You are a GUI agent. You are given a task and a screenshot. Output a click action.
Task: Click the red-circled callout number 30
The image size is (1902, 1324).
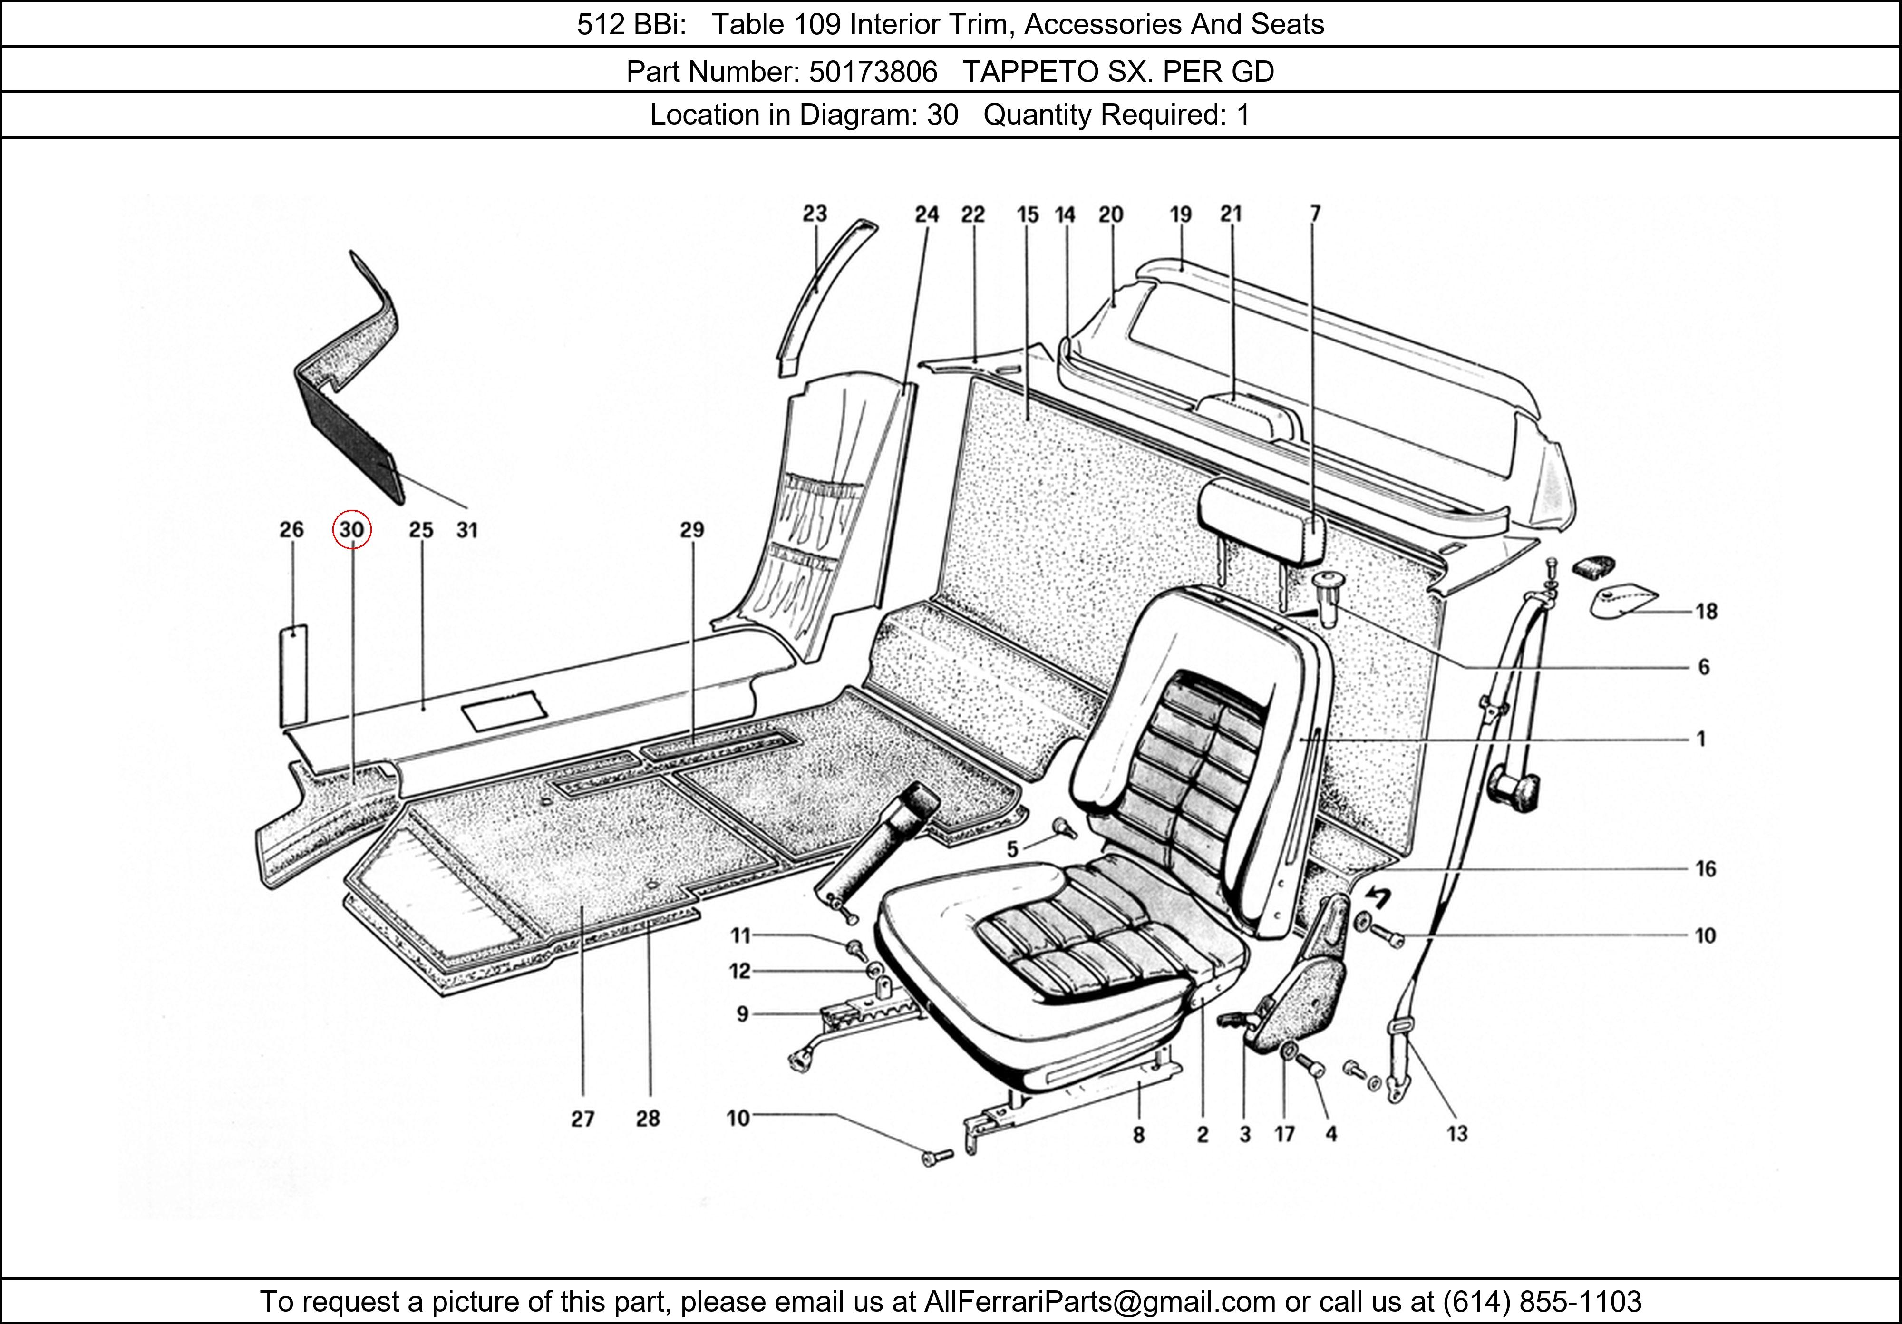[x=352, y=529]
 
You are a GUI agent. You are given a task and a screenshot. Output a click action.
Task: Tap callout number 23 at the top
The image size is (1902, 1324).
[x=815, y=214]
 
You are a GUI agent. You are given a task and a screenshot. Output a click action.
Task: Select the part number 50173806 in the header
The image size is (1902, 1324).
[x=873, y=72]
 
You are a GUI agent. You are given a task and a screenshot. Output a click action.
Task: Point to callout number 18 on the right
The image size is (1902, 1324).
[x=1706, y=612]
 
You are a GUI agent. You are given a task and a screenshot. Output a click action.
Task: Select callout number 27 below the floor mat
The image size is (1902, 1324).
[x=582, y=1119]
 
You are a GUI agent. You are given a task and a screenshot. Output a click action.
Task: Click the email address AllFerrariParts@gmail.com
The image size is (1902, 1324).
[x=1099, y=1302]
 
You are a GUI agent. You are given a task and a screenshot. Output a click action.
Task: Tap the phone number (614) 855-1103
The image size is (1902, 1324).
[x=1542, y=1302]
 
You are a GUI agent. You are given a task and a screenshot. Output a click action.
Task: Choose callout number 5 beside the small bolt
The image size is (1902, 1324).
[x=1012, y=849]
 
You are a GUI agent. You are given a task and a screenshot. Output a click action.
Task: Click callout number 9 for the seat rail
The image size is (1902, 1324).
[x=742, y=1013]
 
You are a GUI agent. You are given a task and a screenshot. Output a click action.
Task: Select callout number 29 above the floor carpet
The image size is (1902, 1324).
[x=692, y=529]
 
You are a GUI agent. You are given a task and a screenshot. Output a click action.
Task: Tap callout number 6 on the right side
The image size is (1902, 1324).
[x=1703, y=667]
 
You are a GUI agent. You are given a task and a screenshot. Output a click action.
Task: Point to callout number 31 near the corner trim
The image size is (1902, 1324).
[x=467, y=529]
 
